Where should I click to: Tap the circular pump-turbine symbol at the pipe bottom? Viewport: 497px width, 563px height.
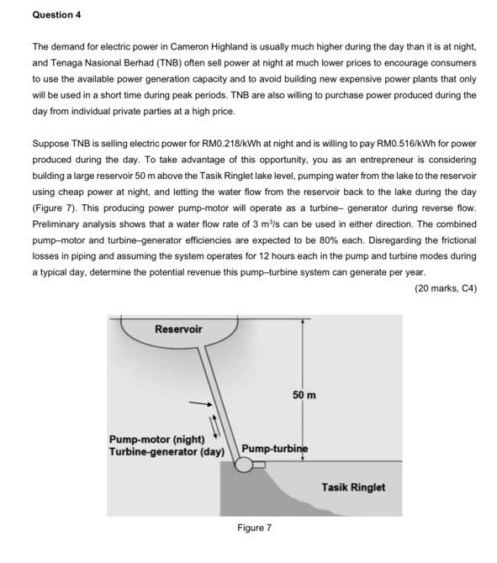(245, 467)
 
